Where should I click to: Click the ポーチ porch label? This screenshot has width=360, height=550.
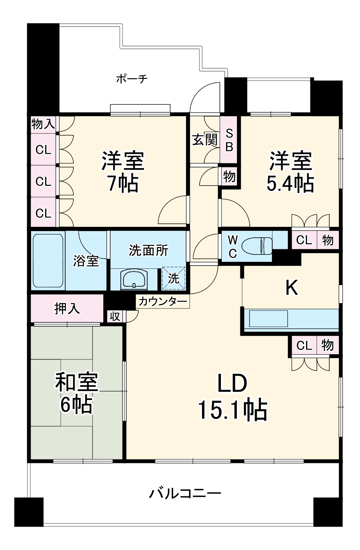pos(132,79)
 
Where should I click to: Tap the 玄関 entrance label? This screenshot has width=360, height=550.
pos(205,139)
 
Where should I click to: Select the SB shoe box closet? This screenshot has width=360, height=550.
pos(229,140)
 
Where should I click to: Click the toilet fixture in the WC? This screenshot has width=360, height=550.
pos(257,246)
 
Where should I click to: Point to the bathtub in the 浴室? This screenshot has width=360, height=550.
pos(47,260)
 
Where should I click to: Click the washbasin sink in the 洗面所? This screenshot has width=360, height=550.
pos(134,279)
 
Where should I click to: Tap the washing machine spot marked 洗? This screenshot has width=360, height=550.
pos(174,278)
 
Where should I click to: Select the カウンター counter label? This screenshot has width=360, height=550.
pos(162,301)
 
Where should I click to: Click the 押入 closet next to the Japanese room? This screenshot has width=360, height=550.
pos(67,308)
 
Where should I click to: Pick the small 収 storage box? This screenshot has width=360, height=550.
pos(115,316)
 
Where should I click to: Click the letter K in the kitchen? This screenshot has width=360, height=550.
pos(292,288)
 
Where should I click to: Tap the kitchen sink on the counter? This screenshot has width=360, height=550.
pos(268,319)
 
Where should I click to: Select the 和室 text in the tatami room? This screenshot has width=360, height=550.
pos(77,382)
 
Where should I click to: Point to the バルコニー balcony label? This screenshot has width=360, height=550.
pos(185,494)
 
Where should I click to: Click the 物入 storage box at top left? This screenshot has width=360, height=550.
pos(43,124)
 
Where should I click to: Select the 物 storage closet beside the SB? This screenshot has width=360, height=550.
pos(229,177)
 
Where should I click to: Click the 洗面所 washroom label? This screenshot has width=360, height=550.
pos(148,251)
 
